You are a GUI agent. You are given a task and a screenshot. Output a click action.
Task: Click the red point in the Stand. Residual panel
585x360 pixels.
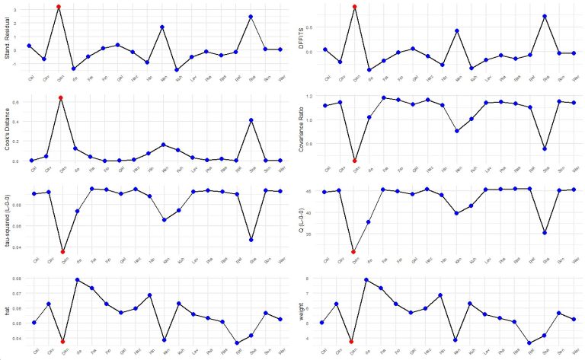click(59, 7)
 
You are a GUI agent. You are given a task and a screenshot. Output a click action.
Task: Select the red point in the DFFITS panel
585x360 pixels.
click(354, 7)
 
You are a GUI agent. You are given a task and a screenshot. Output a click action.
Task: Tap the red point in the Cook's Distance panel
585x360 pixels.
click(61, 98)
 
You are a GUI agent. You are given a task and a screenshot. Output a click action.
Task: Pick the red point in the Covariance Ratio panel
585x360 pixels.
click(355, 161)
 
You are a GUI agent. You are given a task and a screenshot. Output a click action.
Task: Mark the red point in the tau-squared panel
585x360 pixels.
click(62, 251)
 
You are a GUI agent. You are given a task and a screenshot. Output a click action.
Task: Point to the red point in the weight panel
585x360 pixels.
click(351, 342)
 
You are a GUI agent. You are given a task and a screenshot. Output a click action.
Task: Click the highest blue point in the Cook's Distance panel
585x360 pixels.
click(251, 120)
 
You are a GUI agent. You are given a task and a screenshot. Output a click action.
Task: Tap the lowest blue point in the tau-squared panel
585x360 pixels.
click(251, 240)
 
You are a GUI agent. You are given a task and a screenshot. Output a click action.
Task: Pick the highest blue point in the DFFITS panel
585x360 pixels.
click(545, 16)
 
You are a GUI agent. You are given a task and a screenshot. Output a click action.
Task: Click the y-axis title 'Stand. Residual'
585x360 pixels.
click(7, 37)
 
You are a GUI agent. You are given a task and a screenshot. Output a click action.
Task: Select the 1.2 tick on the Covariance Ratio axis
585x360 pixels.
click(321, 97)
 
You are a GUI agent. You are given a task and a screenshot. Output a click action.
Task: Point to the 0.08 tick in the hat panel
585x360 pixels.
click(20, 279)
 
